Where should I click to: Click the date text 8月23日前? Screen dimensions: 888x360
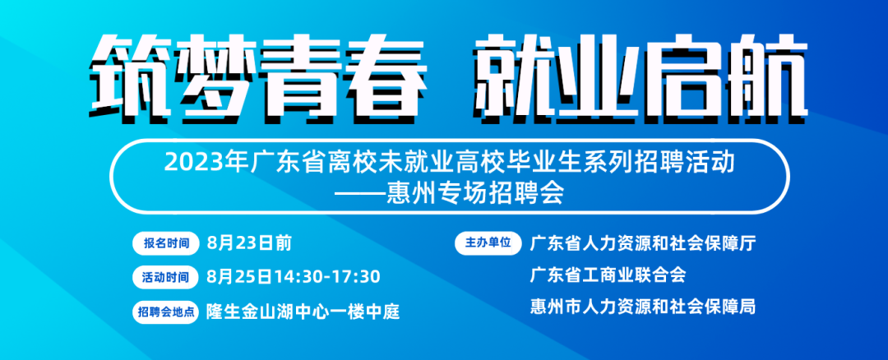[250, 243]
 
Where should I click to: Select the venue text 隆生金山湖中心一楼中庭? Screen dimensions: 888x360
[303, 312]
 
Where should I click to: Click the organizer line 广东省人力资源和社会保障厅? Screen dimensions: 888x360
[643, 243]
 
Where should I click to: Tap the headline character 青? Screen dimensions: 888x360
[295, 76]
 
